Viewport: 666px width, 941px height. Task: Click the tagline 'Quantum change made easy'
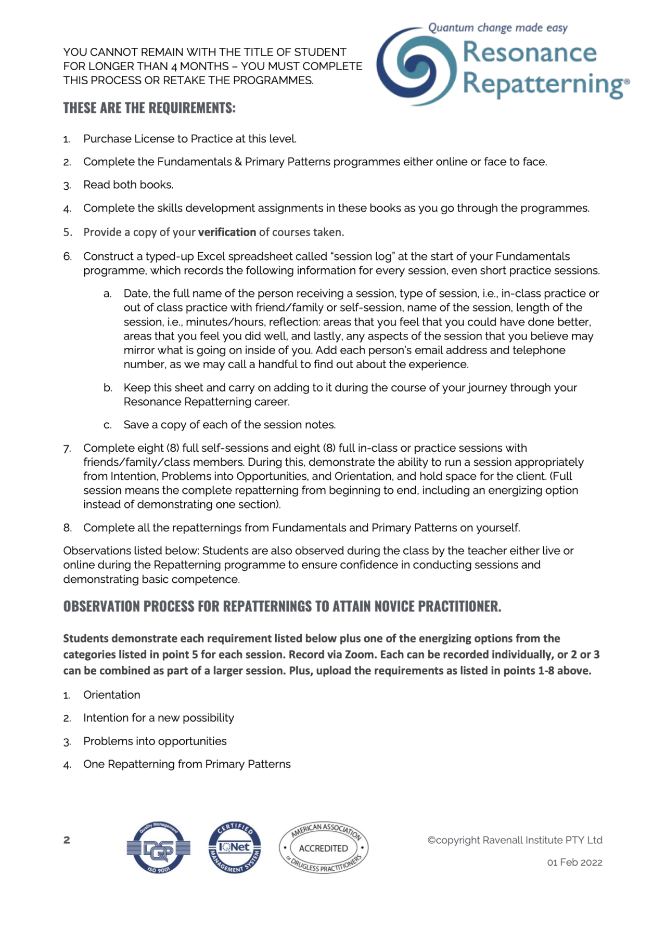coord(497,28)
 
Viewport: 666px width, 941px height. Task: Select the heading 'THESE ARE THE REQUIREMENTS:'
coord(149,108)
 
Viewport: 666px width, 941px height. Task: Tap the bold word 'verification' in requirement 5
coord(227,232)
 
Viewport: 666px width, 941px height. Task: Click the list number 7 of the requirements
coord(67,449)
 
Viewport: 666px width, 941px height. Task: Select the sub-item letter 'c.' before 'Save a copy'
coord(107,425)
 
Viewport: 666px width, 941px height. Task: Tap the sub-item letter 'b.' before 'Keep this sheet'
coord(107,388)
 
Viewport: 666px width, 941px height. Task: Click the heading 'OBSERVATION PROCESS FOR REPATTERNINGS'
coord(282,606)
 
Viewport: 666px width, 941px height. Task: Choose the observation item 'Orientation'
coord(111,695)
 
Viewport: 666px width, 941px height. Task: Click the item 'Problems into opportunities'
coord(155,741)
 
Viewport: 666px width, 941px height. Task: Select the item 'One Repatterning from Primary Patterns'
coord(187,764)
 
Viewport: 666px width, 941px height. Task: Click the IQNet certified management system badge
coord(234,848)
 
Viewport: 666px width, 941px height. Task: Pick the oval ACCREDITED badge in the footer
coord(324,848)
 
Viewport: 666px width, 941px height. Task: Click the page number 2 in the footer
coord(67,840)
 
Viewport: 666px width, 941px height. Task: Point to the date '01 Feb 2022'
coord(574,862)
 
